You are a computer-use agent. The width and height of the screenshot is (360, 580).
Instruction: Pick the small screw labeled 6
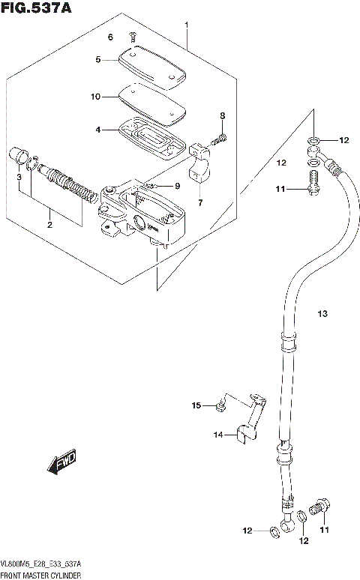[132, 35]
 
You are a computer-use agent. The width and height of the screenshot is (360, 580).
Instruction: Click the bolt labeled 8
[220, 136]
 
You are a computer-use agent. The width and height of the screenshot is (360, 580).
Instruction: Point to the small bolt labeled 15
[219, 405]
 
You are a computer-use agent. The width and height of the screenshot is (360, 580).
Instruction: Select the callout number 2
[49, 224]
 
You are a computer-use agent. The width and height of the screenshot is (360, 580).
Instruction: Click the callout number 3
[19, 177]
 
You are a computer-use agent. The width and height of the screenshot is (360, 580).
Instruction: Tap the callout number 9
[178, 186]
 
